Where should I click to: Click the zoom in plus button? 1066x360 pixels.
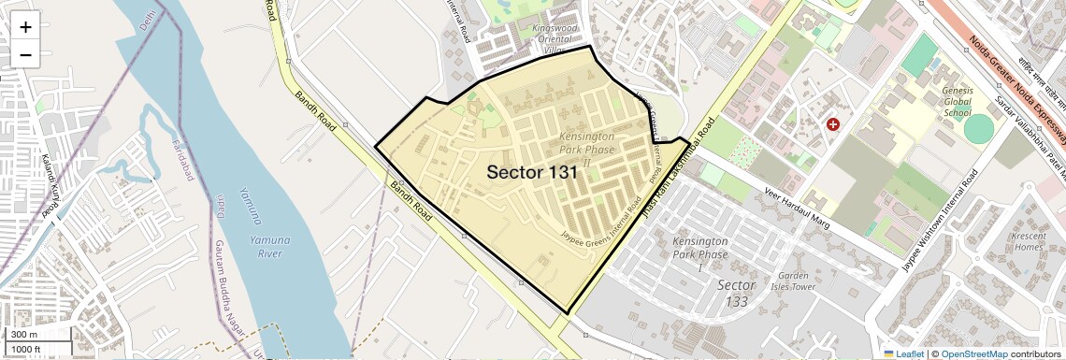pyautogui.click(x=25, y=26)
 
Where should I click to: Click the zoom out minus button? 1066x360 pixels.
pyautogui.click(x=25, y=55)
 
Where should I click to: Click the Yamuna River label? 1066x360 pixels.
pyautogui.click(x=269, y=246)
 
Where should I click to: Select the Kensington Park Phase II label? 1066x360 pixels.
pyautogui.click(x=587, y=150)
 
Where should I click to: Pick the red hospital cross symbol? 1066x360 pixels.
pyautogui.click(x=832, y=123)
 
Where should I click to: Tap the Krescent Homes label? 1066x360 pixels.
pyautogui.click(x=1030, y=241)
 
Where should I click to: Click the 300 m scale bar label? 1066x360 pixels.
pyautogui.click(x=25, y=335)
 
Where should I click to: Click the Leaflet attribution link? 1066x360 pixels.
pyautogui.click(x=902, y=353)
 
